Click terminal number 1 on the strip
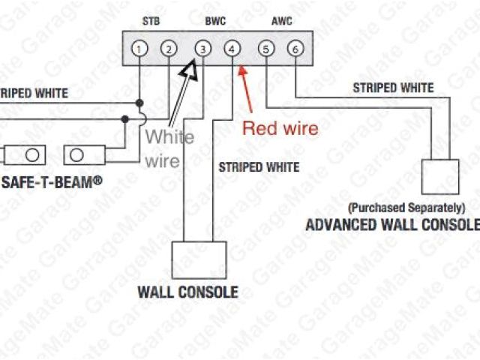[139, 49]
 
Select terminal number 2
[169, 49]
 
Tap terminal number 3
[202, 49]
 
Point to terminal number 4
[233, 49]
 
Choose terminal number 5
[265, 49]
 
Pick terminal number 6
[296, 49]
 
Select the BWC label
[217, 22]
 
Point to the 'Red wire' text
[280, 128]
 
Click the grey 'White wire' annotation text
[169, 148]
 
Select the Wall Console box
[199, 259]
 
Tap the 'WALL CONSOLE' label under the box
[187, 292]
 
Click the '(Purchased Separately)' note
[406, 207]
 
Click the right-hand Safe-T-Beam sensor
[85, 155]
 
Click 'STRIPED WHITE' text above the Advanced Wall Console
[393, 88]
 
